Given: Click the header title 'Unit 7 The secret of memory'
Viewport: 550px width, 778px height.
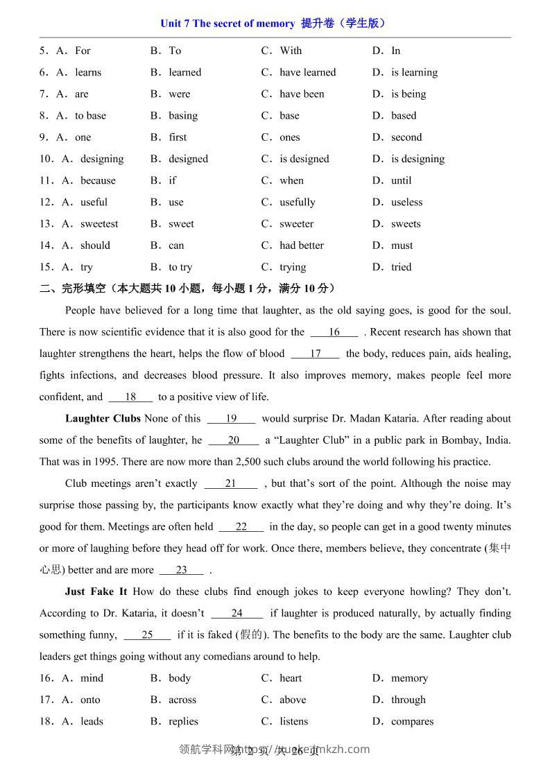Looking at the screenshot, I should pos(227,24).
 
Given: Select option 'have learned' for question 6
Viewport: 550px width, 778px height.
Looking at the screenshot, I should pos(307,72).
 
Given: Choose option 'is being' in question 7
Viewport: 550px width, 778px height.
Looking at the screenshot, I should pos(409,94).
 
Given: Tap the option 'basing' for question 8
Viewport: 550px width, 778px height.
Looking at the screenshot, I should pos(183,116).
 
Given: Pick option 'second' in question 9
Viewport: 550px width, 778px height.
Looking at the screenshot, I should pos(406,137).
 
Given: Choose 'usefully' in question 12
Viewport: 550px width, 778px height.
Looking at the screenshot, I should pos(298,202).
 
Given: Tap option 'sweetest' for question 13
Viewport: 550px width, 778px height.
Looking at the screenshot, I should pos(99,224).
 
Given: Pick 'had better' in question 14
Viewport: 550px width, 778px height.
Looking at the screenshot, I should pos(302,245).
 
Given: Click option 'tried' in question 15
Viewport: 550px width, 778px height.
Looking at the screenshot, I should pos(402,267).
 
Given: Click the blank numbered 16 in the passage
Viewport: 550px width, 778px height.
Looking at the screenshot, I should pos(334,332).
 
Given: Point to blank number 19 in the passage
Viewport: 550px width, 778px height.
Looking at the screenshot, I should pos(232,419).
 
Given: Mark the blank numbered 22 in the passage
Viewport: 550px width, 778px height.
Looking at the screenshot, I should pos(241,527).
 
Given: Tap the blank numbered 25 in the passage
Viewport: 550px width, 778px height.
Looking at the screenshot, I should pos(147,635).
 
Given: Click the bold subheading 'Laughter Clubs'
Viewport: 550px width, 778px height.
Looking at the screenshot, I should pos(103,419).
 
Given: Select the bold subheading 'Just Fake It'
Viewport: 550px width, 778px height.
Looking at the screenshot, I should pos(96,592).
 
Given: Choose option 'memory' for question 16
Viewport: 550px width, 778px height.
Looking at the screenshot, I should pos(409,678).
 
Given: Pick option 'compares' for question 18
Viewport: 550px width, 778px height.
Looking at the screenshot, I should pos(412,722).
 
